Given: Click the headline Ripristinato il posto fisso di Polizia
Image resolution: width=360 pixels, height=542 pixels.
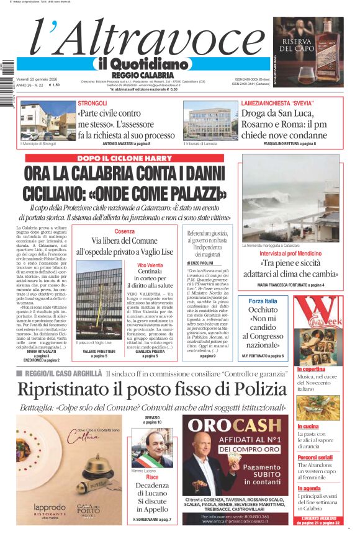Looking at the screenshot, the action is pos(152,389).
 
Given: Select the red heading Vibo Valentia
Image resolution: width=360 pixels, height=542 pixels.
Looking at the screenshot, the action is pos(150,265).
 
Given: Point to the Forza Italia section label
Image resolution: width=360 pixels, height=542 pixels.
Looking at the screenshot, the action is pos(263,301).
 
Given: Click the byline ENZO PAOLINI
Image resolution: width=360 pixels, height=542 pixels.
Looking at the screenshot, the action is pos(200,264).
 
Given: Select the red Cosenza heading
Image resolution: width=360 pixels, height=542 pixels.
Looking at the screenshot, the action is pos(124,231).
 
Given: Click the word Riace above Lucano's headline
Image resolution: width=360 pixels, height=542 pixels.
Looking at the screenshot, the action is pos(152,478).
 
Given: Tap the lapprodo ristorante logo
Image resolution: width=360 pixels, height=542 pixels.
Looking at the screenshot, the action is pos(49,507).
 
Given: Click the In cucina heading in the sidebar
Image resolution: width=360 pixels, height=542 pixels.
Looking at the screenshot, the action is pos(308,427).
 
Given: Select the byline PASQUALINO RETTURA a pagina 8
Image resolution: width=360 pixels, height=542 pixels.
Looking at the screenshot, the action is pos(289,144).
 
